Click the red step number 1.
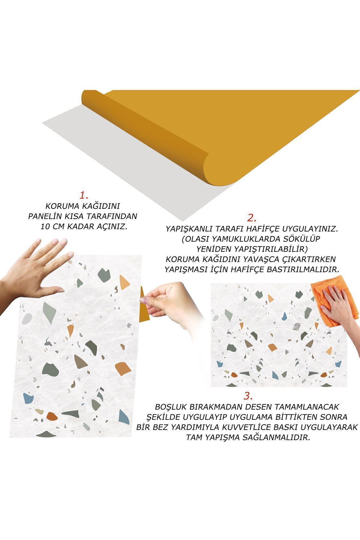[83, 196]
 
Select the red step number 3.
[248, 396]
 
